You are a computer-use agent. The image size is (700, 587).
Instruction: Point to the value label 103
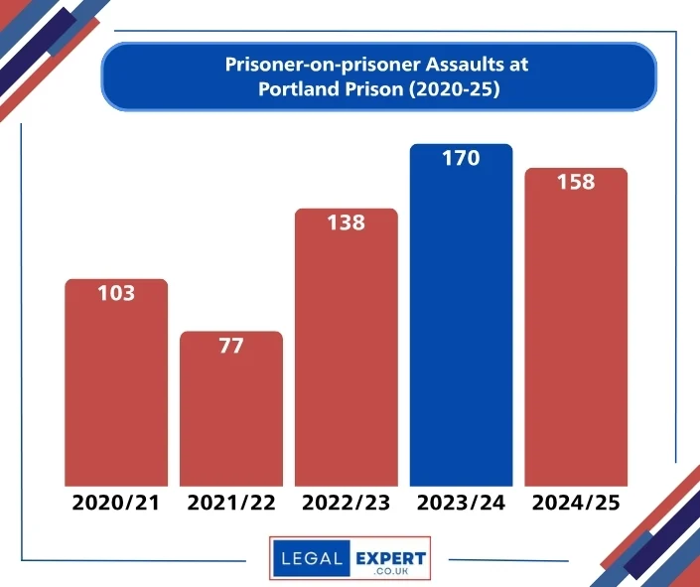116,294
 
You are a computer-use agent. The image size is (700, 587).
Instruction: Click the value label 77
231,346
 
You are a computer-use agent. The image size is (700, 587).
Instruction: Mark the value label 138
347,223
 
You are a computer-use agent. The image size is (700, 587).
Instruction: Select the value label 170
462,159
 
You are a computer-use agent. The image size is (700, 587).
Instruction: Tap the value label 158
576,183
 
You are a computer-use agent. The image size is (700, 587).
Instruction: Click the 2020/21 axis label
116,503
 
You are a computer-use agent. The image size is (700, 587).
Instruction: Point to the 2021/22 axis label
231,503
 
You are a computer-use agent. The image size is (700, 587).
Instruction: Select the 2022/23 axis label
347,503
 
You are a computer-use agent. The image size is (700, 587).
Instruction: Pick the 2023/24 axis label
462,503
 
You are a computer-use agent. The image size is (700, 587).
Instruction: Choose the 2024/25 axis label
576,503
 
